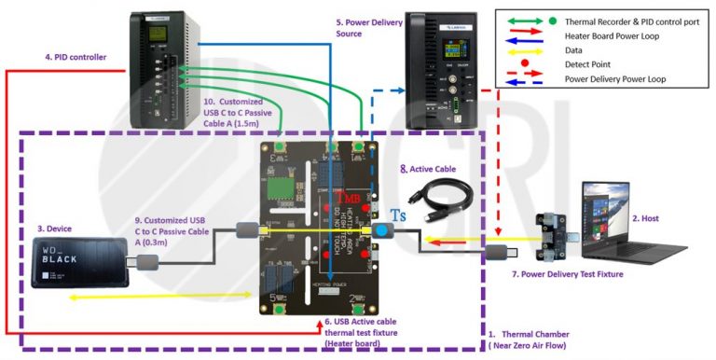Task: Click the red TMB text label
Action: click(x=349, y=198)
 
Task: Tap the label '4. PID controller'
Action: click(x=76, y=58)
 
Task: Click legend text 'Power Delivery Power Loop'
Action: click(x=619, y=79)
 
